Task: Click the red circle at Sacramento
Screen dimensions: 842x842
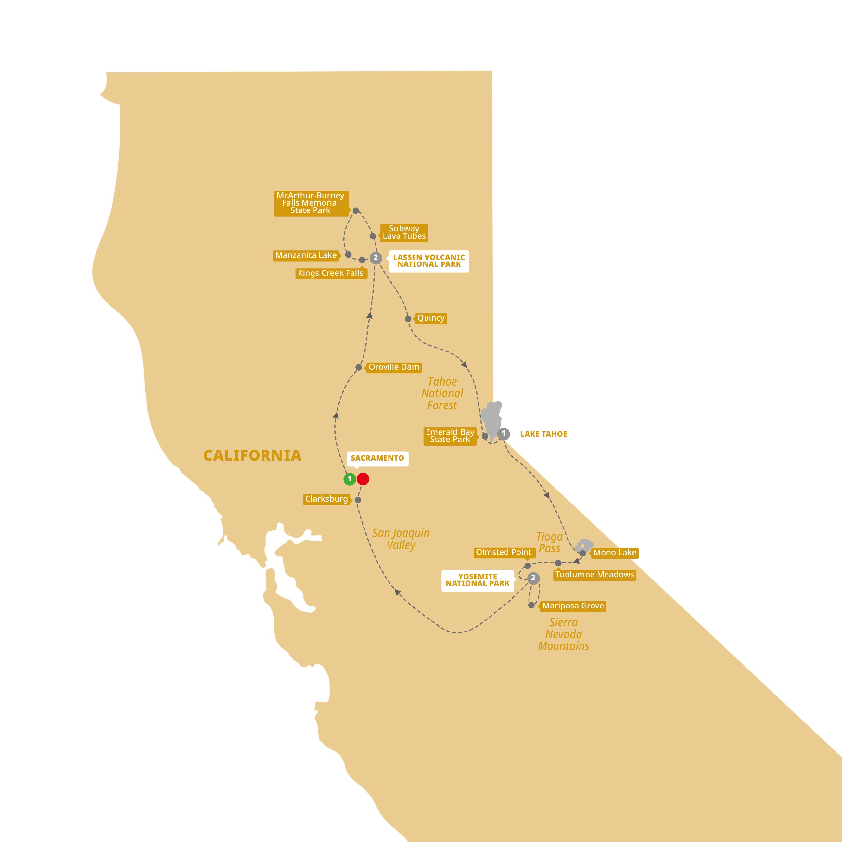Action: click(363, 479)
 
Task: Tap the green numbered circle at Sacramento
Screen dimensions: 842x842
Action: click(350, 479)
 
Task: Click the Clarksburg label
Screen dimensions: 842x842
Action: click(326, 499)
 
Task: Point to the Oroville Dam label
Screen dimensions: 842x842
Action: click(393, 367)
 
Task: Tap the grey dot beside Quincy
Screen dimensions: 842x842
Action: click(408, 319)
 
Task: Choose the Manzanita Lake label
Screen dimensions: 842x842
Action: click(306, 255)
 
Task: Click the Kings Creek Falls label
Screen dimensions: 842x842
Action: click(330, 273)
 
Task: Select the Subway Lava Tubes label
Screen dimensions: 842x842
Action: click(404, 232)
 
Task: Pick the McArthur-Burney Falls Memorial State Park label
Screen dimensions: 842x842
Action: click(311, 203)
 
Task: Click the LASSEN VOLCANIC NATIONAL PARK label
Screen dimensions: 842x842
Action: click(429, 261)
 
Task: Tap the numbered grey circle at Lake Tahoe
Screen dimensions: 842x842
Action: click(504, 434)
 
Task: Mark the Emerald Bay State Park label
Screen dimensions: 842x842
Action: click(450, 436)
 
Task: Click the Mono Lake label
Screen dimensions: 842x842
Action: click(615, 553)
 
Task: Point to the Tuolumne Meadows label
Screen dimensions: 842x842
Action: click(594, 574)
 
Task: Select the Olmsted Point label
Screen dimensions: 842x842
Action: click(504, 552)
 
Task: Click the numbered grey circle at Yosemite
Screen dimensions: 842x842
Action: click(533, 578)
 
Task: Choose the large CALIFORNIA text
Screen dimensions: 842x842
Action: click(252, 455)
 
